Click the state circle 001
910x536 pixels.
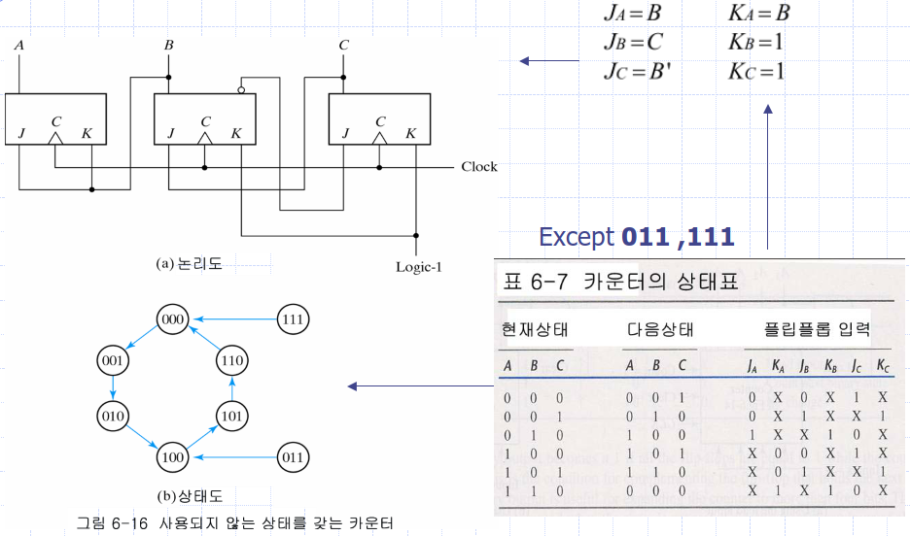point(114,360)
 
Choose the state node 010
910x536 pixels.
point(114,416)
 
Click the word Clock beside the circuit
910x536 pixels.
point(478,167)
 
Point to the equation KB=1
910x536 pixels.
point(755,44)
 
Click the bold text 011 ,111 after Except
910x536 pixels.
point(678,236)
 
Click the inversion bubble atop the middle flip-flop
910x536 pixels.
point(240,90)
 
